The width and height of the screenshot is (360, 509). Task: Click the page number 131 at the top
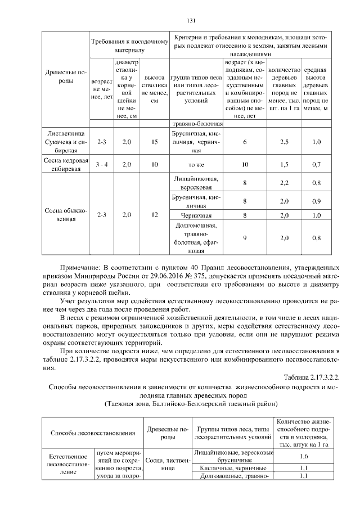coord(190,21)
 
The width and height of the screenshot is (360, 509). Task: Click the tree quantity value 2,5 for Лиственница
coord(284,143)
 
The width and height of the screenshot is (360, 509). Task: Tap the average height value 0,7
coord(316,165)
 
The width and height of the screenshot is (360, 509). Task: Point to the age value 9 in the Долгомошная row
coord(245,238)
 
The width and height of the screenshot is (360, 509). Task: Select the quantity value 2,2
coord(284,183)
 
